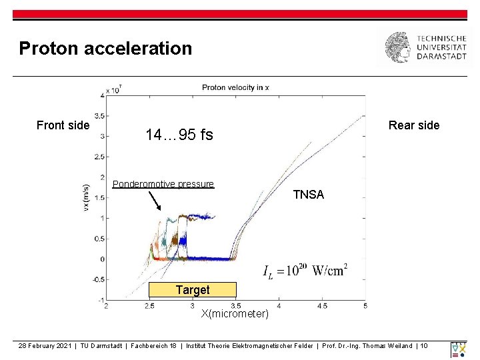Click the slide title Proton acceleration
pos(105,49)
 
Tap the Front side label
pos(63,125)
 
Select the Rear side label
pos(414,125)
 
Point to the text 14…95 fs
pos(179,135)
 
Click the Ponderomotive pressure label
pos(163,184)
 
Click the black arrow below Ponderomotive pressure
pos(154,201)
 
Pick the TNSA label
pos(309,195)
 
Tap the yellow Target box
pos(193,290)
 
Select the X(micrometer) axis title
pos(235,314)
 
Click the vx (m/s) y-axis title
pos(85,198)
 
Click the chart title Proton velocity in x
pos(235,87)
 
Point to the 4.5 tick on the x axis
pos(321,305)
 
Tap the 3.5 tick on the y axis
pos(98,115)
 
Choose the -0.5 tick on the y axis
pos(97,279)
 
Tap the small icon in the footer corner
pos(459,349)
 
